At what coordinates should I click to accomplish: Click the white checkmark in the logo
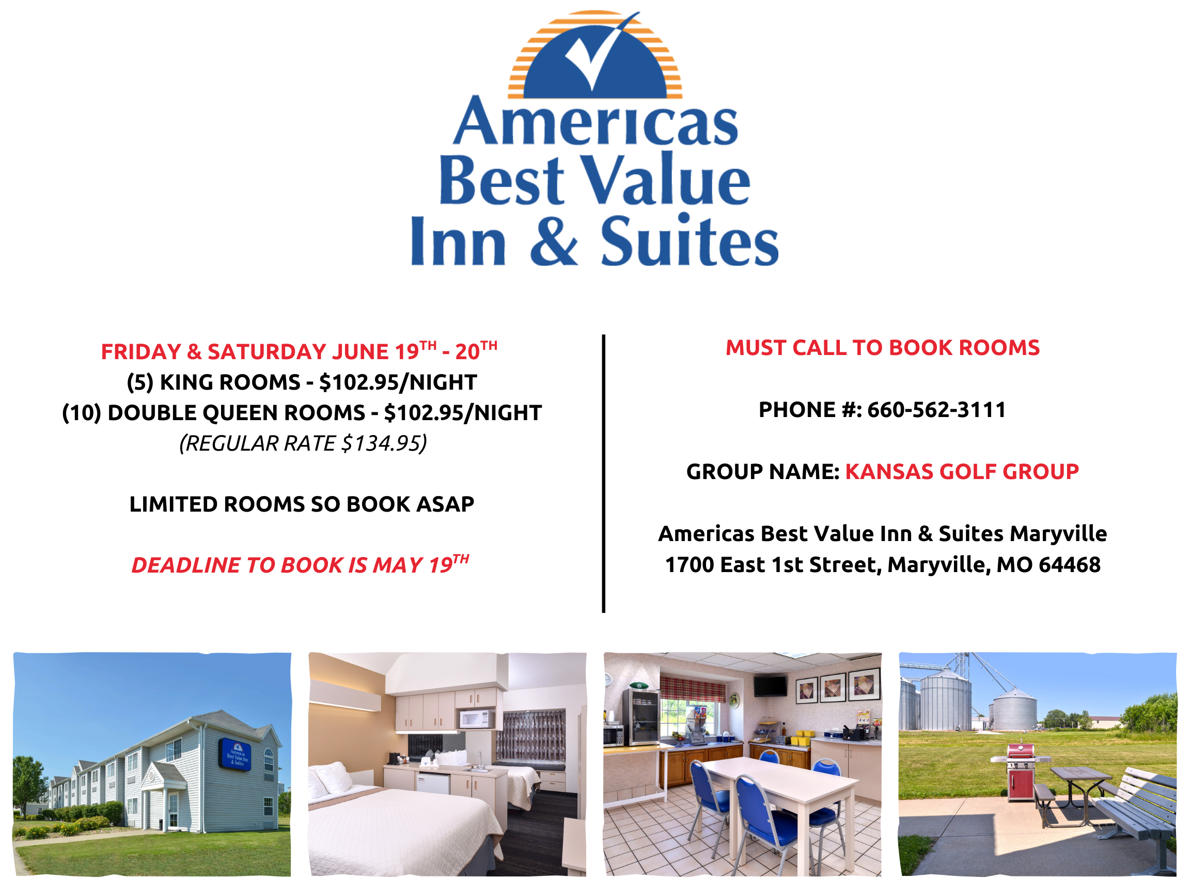(597, 54)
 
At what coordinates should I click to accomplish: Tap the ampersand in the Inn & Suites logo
(554, 240)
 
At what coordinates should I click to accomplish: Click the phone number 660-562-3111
(936, 410)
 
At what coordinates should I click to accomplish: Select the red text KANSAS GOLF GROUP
(962, 471)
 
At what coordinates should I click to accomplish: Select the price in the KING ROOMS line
(359, 382)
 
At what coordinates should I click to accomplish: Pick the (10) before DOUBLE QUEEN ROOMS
(82, 413)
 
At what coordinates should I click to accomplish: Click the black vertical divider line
(604, 474)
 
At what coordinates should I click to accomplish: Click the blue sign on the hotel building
(234, 754)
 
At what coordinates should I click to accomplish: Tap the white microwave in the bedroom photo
(476, 719)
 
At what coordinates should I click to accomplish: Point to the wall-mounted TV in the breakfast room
(770, 686)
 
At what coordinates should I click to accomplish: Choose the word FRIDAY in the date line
(142, 352)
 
